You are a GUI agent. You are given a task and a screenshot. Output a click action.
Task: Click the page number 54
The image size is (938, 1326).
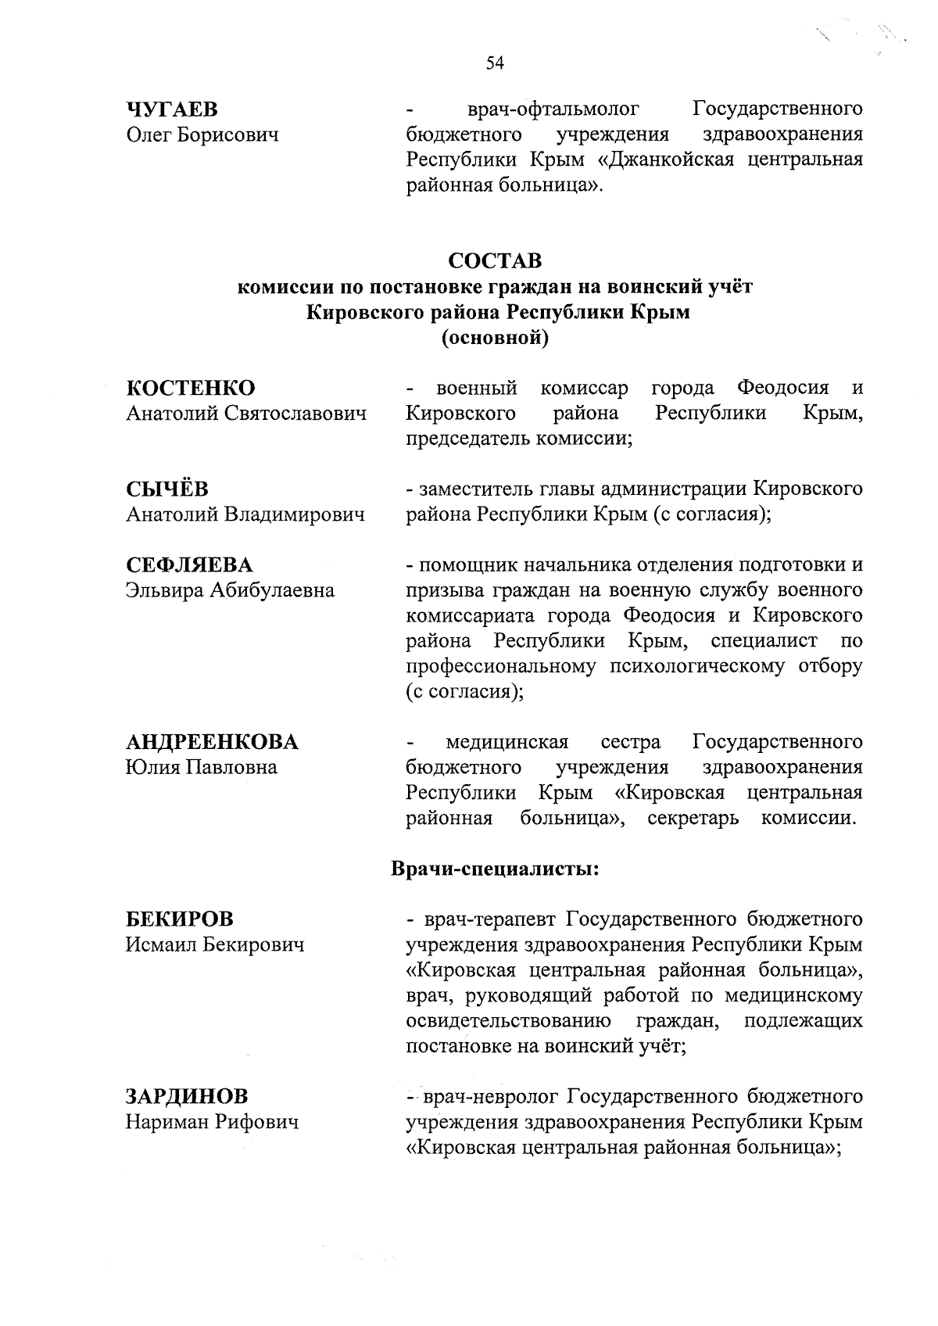pos(495,63)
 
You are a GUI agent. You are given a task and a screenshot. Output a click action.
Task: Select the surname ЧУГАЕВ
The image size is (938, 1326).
pos(172,109)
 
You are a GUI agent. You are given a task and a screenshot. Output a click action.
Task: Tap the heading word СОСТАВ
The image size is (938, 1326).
pos(495,260)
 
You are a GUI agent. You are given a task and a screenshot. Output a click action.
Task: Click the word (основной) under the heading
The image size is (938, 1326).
pos(495,338)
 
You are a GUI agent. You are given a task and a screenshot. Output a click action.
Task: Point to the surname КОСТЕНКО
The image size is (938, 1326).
pos(191,388)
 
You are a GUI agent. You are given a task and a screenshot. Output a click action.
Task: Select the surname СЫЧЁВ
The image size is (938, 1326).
pos(167,489)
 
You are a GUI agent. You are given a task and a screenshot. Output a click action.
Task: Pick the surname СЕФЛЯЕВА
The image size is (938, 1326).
pos(190,564)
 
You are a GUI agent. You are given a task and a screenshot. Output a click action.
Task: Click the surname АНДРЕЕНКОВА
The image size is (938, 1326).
pos(213,741)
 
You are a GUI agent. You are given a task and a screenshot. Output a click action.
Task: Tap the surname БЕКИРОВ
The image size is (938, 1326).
pos(180,919)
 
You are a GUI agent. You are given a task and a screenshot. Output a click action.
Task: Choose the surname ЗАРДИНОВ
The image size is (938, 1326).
pos(188,1096)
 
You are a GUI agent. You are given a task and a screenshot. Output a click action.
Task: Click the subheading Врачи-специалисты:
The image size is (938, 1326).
pos(495,869)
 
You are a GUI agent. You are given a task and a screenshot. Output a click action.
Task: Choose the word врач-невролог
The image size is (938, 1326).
pos(490,1096)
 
